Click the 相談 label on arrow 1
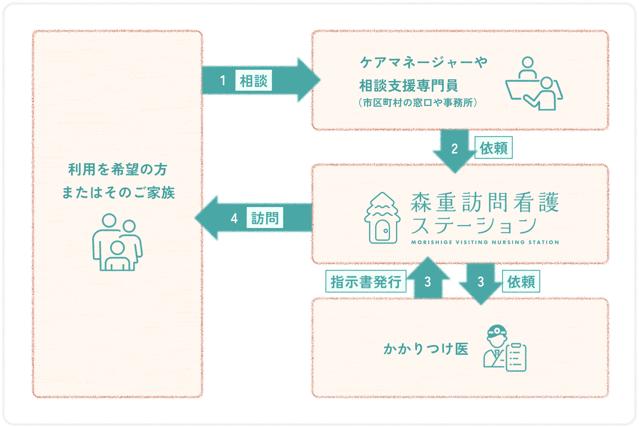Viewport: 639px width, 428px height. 253,81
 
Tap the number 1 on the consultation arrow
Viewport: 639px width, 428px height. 223,81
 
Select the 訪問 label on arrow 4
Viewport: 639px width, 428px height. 265,219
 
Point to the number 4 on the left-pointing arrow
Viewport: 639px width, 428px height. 234,219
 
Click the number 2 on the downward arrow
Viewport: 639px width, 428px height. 454,149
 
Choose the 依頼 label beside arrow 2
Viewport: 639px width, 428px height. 493,148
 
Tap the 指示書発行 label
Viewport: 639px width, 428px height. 366,282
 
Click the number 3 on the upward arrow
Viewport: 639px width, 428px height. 428,282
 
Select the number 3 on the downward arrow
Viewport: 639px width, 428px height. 481,282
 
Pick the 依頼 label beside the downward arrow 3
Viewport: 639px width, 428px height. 521,282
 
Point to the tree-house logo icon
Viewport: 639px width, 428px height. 382,218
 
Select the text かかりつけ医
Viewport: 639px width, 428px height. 426,349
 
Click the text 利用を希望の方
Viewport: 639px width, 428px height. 118,170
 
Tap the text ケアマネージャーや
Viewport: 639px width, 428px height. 423,63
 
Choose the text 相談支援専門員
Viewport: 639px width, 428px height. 408,86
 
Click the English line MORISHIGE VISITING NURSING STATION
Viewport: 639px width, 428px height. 485,242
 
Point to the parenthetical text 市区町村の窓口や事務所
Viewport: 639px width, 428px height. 418,103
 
